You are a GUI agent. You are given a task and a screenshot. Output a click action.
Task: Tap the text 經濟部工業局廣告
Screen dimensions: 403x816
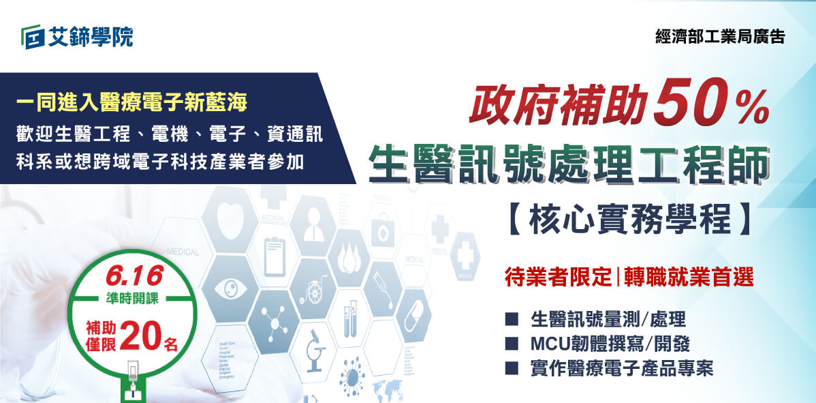[719, 37]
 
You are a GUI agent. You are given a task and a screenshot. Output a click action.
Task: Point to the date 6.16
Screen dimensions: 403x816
[134, 275]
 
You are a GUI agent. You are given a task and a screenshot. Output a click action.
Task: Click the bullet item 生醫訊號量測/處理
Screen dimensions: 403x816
[608, 319]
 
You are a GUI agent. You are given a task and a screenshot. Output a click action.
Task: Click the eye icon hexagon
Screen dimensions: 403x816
[229, 287]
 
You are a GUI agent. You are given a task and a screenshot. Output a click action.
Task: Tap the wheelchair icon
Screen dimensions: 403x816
[315, 289]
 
